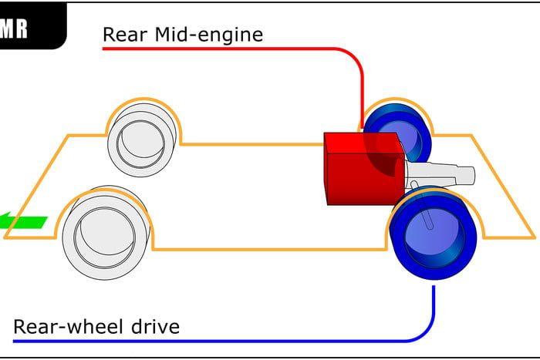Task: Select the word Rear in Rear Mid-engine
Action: (x=123, y=34)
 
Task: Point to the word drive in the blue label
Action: (x=154, y=326)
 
